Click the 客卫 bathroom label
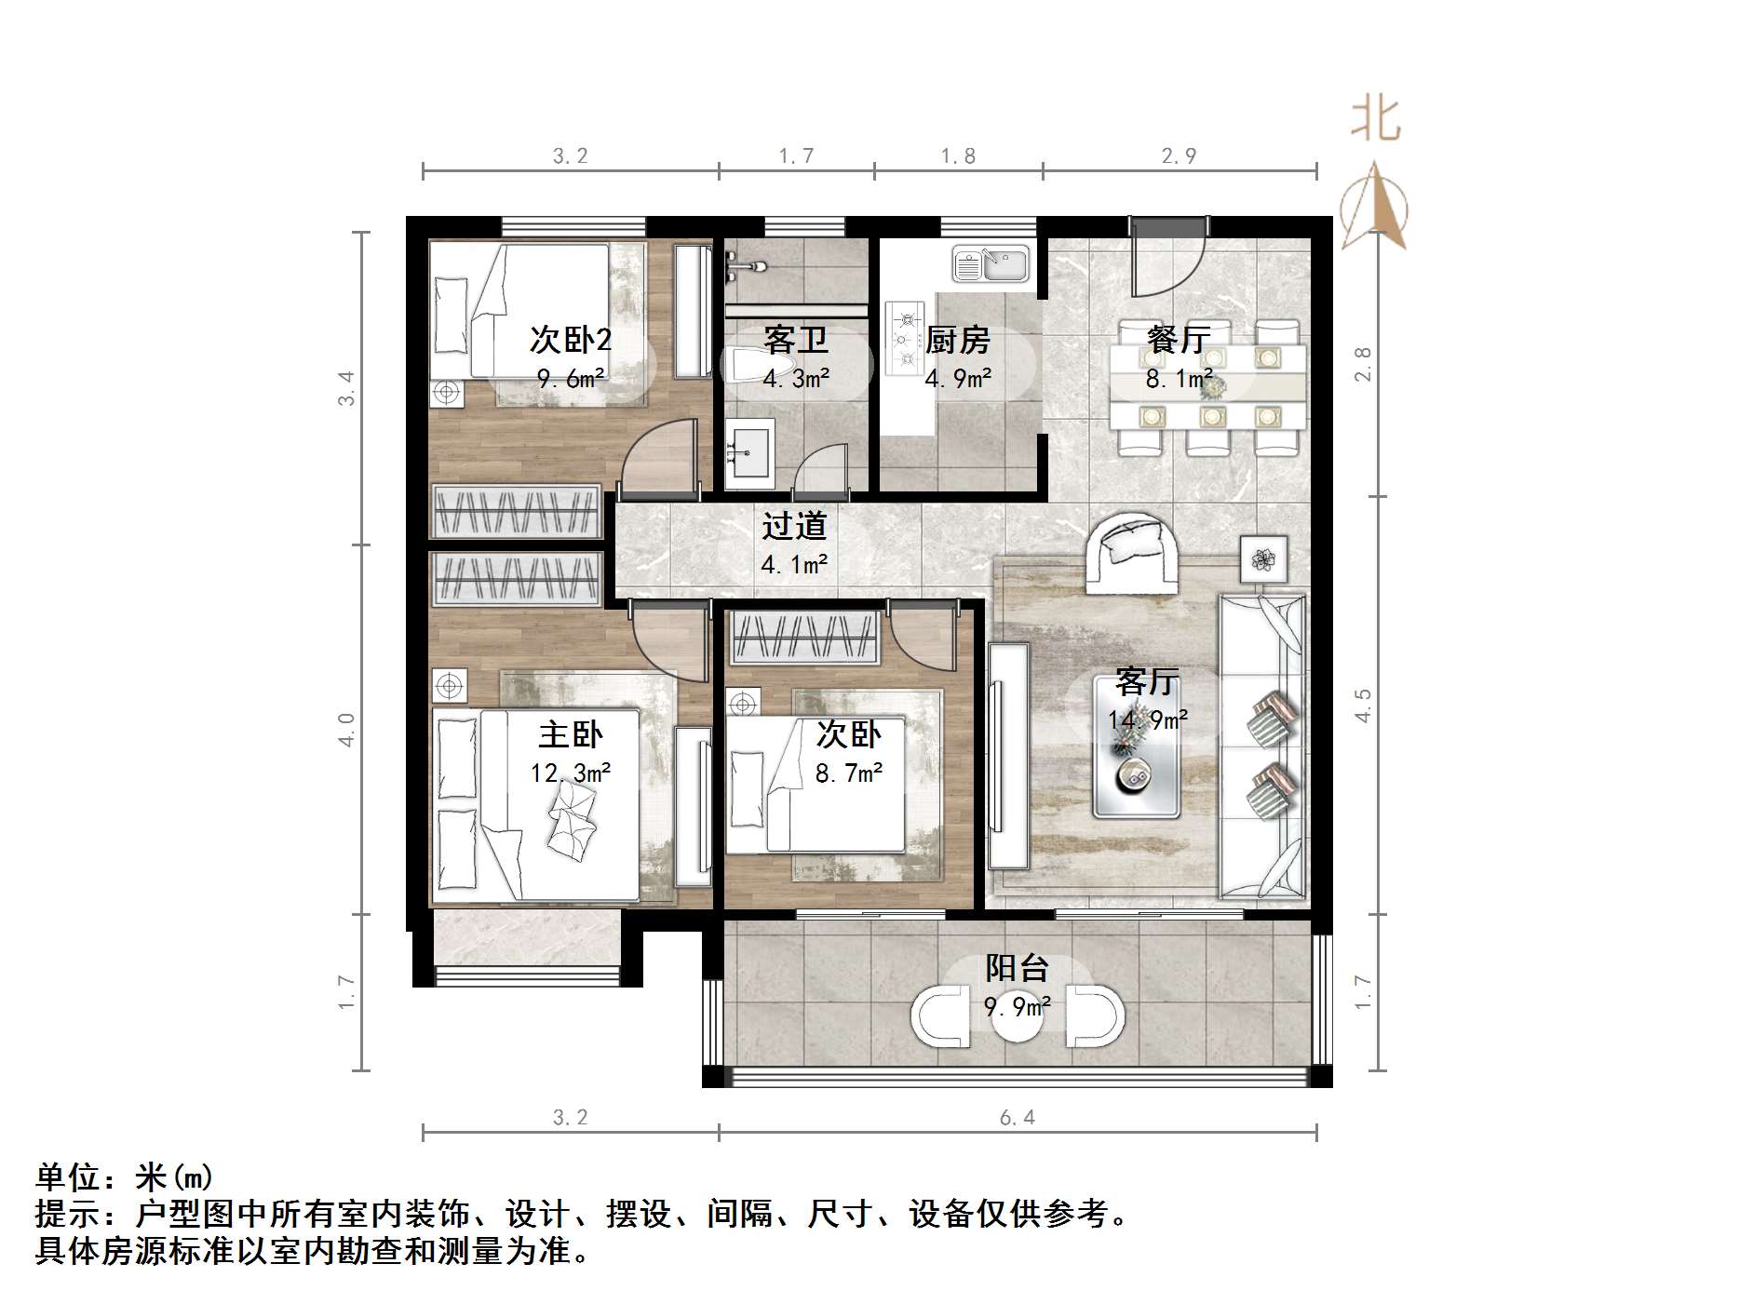pyautogui.click(x=796, y=340)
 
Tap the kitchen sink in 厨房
pyautogui.click(x=991, y=263)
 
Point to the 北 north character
pyautogui.click(x=1376, y=120)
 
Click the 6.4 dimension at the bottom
pyautogui.click(x=1017, y=1117)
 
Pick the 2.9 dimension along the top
pyautogui.click(x=1179, y=155)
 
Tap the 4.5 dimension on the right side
pyautogui.click(x=1363, y=706)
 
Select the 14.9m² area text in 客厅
pyautogui.click(x=1148, y=719)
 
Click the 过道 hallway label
pyautogui.click(x=794, y=527)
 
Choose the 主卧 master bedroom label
pyautogui.click(x=571, y=735)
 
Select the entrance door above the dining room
pyautogui.click(x=1168, y=251)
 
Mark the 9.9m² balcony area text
pyautogui.click(x=1018, y=1006)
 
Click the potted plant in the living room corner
pyautogui.click(x=1263, y=559)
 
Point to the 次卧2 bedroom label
pyautogui.click(x=570, y=340)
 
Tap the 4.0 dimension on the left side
pyautogui.click(x=346, y=730)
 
